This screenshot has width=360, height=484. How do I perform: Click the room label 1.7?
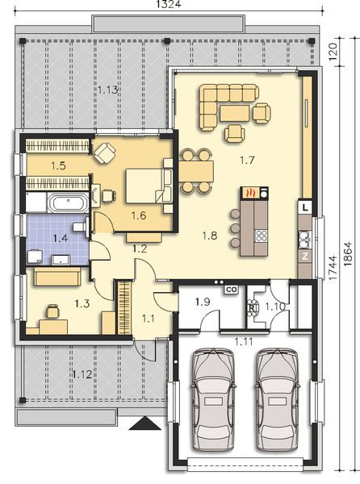(x=247, y=161)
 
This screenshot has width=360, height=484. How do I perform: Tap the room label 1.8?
(x=209, y=236)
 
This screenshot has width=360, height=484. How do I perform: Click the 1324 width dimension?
(x=169, y=6)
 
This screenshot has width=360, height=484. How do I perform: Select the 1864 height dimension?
(x=351, y=258)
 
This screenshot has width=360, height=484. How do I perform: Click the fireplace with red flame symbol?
(x=251, y=194)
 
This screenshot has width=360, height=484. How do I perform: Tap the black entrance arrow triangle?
(x=144, y=422)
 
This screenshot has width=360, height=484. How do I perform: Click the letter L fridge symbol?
(x=305, y=208)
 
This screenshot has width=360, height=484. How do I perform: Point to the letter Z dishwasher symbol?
(x=305, y=257)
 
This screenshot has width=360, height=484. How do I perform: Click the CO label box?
(x=229, y=288)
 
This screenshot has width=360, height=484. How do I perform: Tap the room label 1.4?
(x=60, y=238)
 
